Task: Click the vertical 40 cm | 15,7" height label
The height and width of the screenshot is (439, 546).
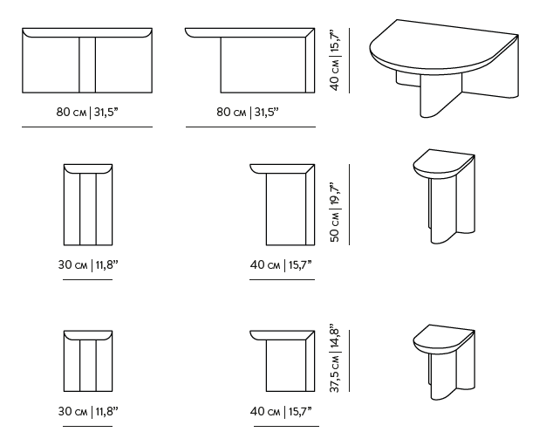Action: click(331, 58)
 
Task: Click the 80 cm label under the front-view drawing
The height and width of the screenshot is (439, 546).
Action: click(86, 113)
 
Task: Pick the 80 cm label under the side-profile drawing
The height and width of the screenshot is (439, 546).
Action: click(249, 113)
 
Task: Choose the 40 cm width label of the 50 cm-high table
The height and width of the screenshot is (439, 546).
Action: click(281, 264)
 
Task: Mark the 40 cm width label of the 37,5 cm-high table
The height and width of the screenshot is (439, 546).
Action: click(281, 410)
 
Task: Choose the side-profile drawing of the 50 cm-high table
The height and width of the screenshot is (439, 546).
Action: click(283, 205)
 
